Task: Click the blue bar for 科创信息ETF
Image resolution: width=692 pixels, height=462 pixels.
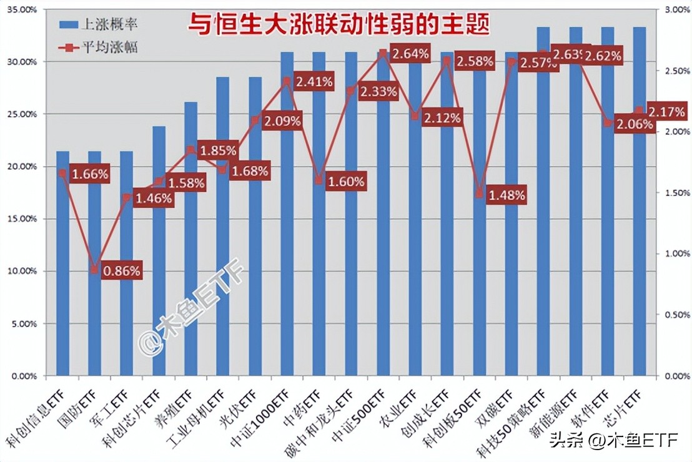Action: click(62, 262)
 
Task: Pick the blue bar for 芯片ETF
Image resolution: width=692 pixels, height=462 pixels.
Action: click(639, 250)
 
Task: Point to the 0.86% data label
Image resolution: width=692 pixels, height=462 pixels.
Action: click(122, 270)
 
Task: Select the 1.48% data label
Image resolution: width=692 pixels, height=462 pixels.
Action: click(507, 195)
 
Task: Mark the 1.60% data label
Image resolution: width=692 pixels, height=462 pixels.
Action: click(346, 182)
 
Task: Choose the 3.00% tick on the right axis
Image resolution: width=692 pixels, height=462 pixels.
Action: click(675, 10)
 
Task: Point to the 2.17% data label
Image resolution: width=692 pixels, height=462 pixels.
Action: click(667, 112)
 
